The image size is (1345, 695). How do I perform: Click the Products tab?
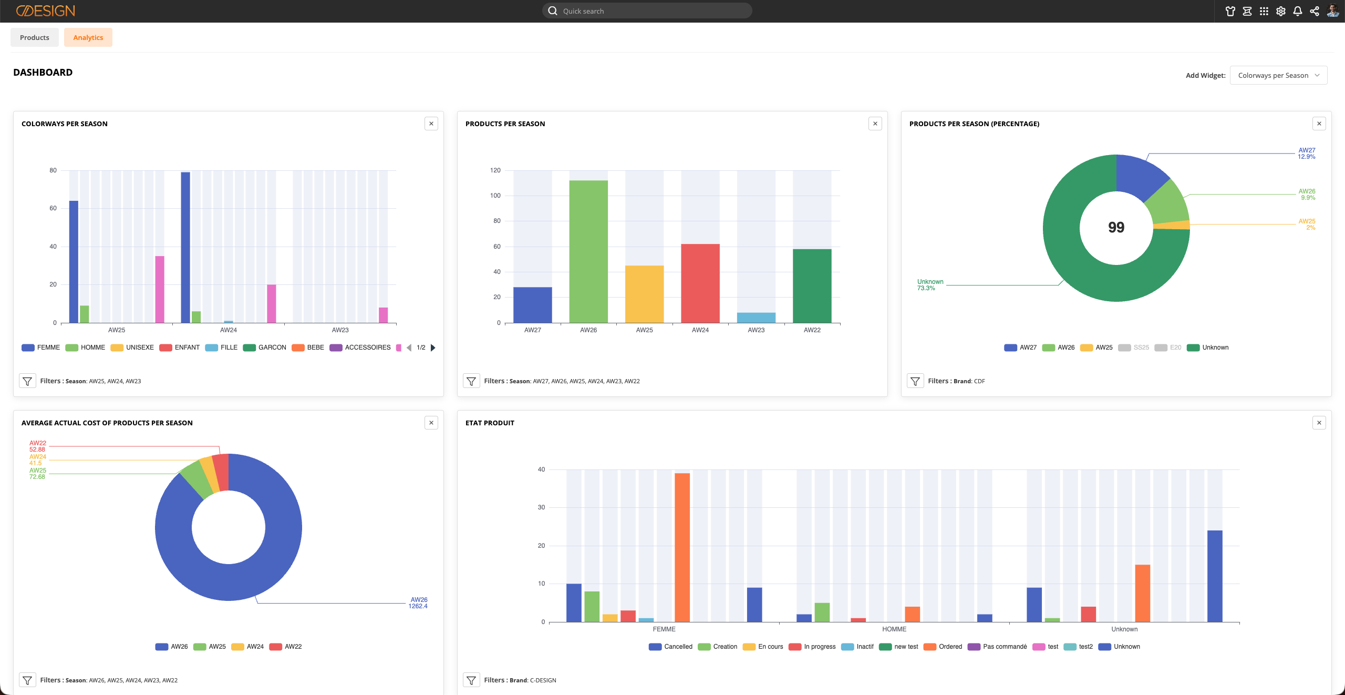[x=35, y=37]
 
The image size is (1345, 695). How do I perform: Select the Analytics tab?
[x=88, y=37]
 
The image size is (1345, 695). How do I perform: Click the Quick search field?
[x=647, y=11]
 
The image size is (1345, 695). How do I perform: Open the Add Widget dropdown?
[x=1278, y=75]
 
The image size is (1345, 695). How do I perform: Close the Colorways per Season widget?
[x=431, y=124]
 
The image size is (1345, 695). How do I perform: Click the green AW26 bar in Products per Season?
[x=588, y=251]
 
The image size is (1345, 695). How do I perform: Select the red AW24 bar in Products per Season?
[x=700, y=283]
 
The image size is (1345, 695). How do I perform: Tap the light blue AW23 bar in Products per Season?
[x=756, y=318]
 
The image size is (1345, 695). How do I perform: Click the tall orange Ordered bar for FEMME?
[x=682, y=547]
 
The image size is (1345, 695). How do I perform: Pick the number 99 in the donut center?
[x=1116, y=227]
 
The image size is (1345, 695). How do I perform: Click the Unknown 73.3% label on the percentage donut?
[x=930, y=285]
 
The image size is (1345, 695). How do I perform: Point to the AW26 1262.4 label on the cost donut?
[x=418, y=603]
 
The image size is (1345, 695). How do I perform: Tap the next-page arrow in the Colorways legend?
[x=433, y=347]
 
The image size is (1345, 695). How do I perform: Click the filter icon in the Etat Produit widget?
[x=471, y=680]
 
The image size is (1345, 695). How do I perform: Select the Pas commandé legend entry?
[x=998, y=647]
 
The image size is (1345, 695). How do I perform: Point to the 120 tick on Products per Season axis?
[x=495, y=170]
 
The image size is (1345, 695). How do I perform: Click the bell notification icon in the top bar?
[x=1298, y=11]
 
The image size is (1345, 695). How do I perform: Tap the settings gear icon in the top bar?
[x=1281, y=11]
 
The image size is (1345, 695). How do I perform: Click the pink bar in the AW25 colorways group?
[x=160, y=289]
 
